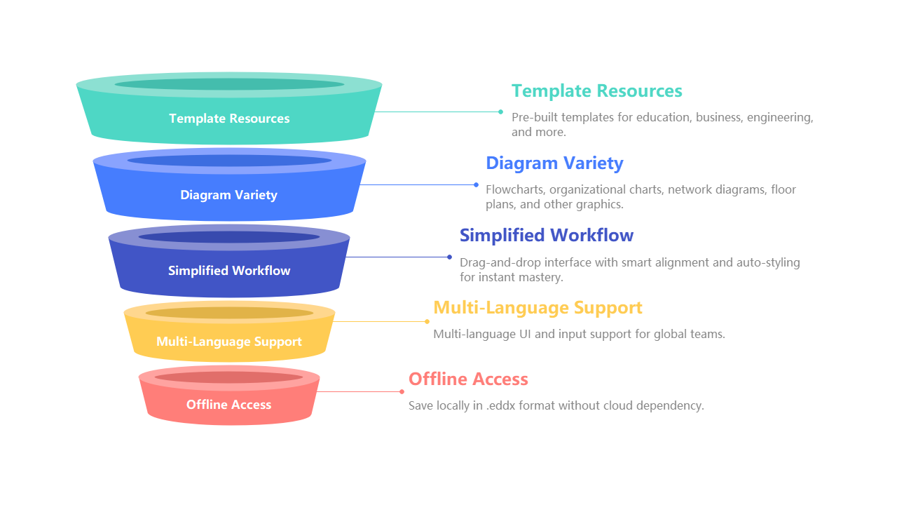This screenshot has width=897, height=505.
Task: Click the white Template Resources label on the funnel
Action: (x=229, y=119)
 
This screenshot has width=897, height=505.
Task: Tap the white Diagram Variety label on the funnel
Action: (x=228, y=195)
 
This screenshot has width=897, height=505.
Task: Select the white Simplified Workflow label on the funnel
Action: (x=229, y=271)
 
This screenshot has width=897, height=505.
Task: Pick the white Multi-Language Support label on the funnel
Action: (x=228, y=342)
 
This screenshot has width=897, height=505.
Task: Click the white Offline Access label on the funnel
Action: (x=228, y=405)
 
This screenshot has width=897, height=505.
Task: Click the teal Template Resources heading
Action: (x=596, y=91)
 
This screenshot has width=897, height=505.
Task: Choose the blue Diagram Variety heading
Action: (x=554, y=163)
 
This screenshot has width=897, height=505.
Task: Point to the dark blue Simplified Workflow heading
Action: (x=546, y=235)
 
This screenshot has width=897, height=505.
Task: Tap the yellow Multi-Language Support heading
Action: (x=537, y=308)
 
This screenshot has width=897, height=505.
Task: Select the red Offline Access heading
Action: (x=468, y=379)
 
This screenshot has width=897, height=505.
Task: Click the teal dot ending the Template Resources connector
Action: (x=500, y=112)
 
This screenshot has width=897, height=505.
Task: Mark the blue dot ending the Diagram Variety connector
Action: (x=476, y=184)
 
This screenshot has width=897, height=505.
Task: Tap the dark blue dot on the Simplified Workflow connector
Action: (x=449, y=257)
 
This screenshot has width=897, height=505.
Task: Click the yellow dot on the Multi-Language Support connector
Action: (x=427, y=321)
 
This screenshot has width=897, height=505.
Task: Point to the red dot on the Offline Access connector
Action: (x=402, y=391)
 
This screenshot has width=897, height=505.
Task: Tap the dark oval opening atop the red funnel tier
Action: (x=228, y=377)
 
